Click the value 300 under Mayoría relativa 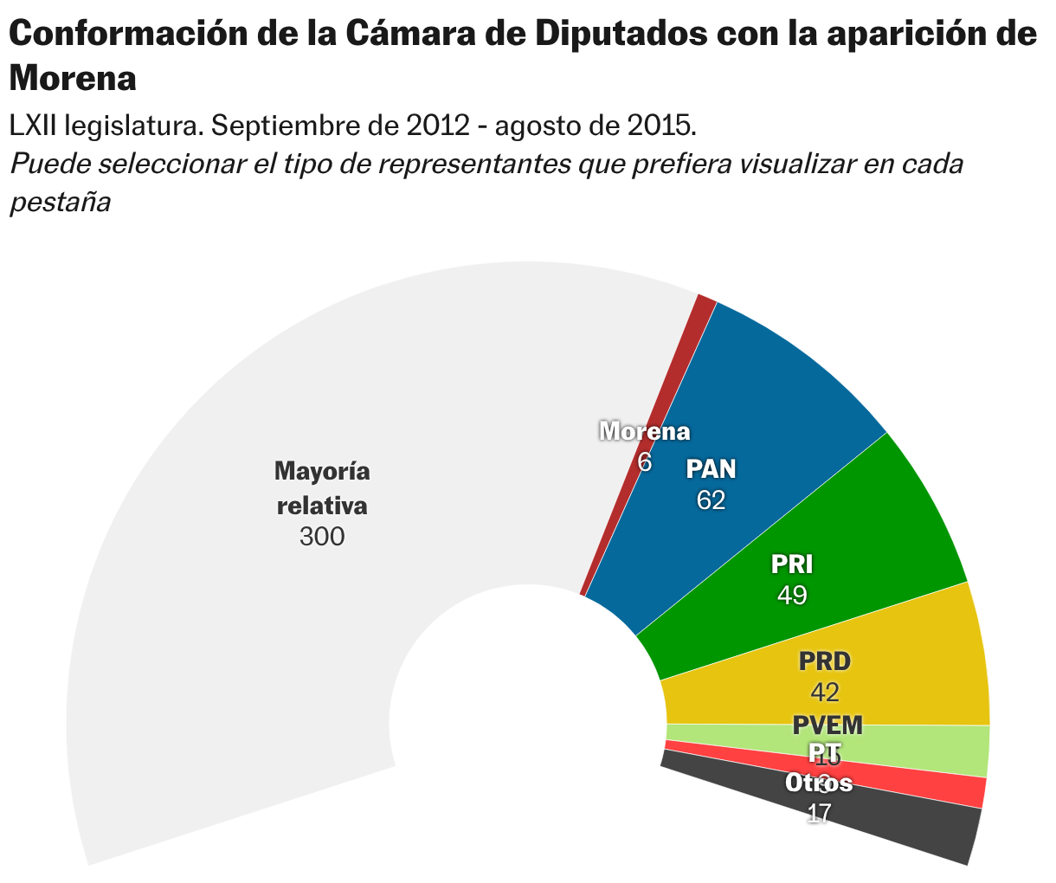(322, 538)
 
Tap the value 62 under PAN (711, 500)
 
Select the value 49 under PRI (792, 596)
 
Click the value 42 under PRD (825, 692)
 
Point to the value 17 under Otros (819, 813)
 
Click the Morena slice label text (645, 431)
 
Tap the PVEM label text (827, 725)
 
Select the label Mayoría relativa (322, 488)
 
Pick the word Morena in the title (73, 79)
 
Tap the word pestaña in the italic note (61, 202)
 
